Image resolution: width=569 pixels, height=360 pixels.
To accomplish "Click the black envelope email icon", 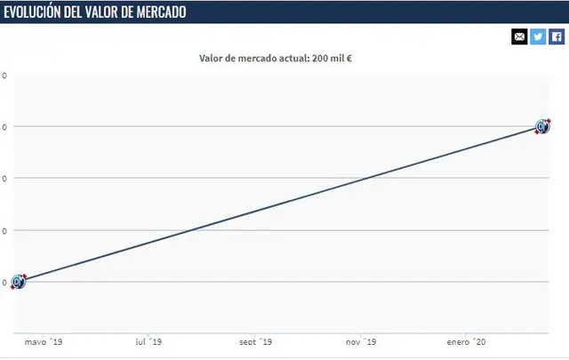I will click(519, 36).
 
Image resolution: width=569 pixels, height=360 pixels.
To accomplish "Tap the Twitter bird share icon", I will click(538, 36).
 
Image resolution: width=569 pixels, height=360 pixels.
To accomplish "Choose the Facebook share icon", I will click(557, 36).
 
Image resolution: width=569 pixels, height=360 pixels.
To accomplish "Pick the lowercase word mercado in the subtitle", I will click(259, 60).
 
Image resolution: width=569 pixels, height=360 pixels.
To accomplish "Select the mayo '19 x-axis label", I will click(43, 342).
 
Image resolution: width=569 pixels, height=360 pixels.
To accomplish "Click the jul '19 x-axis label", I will click(148, 342).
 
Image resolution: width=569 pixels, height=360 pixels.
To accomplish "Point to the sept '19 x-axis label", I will click(256, 342).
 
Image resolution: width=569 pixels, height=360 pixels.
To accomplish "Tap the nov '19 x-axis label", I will click(360, 342).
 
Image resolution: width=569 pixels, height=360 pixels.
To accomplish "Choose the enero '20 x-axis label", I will click(466, 342).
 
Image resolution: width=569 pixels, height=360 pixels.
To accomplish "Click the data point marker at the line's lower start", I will click(19, 282).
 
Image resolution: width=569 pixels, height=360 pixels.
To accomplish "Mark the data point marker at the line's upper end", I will click(543, 126).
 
